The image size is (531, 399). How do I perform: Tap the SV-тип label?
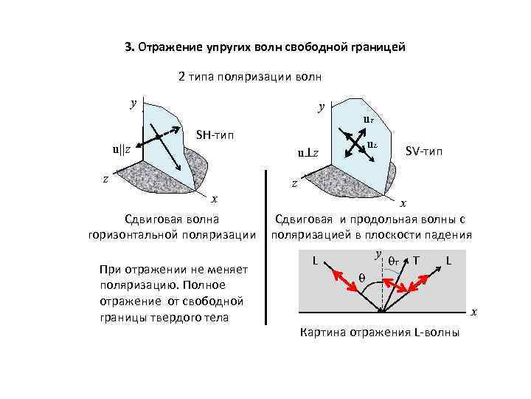click(425, 151)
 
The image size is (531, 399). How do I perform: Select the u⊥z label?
click(308, 153)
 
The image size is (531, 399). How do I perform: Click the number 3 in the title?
click(128, 47)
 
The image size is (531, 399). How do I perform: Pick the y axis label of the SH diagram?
click(133, 103)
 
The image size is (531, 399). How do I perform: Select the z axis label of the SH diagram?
click(105, 177)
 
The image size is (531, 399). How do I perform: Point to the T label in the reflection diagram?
click(417, 260)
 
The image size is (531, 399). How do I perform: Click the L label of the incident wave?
click(315, 260)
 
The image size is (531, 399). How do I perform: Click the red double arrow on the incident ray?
click(342, 280)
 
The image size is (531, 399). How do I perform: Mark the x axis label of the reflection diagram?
click(475, 312)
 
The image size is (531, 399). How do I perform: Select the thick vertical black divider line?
click(265, 248)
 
